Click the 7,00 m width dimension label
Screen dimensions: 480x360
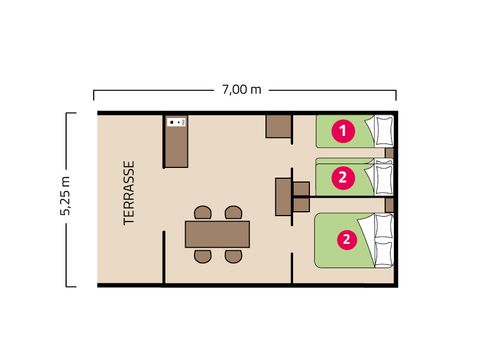[242, 90]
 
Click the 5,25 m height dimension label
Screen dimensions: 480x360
[65, 195]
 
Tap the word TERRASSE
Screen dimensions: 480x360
[129, 193]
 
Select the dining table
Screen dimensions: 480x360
[217, 234]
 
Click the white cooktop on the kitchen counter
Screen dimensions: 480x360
[176, 122]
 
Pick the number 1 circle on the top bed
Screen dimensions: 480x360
[343, 131]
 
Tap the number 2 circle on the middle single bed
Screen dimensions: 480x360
[343, 178]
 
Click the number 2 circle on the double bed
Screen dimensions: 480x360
[347, 239]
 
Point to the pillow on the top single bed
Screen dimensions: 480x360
[384, 131]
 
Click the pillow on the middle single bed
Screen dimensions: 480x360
[384, 177]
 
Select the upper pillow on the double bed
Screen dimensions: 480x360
[384, 226]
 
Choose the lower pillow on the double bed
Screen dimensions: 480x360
[384, 254]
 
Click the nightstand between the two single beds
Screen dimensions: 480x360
[389, 153]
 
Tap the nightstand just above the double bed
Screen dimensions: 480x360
[389, 205]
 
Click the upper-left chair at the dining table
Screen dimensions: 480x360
[203, 213]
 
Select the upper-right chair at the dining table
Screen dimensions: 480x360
[233, 213]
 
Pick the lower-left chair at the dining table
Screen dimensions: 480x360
[203, 256]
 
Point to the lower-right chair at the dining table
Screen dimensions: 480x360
[233, 256]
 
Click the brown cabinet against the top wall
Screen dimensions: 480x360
[278, 126]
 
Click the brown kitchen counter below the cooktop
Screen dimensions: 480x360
[176, 147]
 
